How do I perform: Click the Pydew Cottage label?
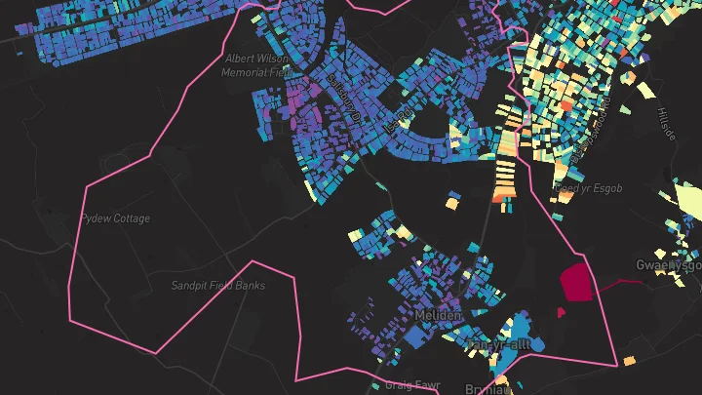click(115, 218)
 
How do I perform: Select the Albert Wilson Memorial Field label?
click(256, 65)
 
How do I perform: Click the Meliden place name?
click(436, 318)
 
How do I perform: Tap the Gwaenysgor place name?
click(669, 265)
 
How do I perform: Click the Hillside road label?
click(667, 124)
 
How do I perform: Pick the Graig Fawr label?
click(412, 384)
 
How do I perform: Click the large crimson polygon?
click(577, 282)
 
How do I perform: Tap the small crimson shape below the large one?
click(561, 312)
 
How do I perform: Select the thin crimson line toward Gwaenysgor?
click(618, 283)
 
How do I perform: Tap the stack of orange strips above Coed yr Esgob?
click(506, 167)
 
